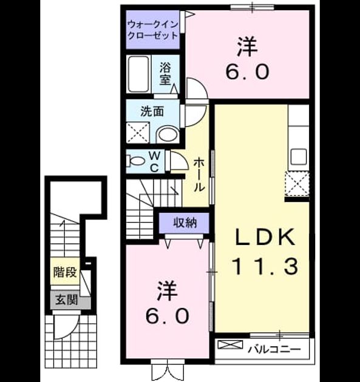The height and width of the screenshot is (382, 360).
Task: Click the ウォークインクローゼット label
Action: coord(153,30)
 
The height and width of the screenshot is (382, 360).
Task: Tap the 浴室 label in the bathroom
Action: coord(165,74)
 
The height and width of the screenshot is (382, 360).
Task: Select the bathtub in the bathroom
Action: coord(138,74)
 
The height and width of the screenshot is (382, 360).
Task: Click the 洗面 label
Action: coord(152,112)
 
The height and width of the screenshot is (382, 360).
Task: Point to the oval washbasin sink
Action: coord(168,135)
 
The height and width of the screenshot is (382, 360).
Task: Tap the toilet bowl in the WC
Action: coord(135,161)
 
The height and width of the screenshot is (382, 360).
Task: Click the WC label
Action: coord(154,161)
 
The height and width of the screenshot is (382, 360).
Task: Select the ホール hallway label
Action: coord(199,175)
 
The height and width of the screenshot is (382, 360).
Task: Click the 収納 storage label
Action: coord(185,223)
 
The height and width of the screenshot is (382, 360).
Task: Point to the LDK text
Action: coord(265,237)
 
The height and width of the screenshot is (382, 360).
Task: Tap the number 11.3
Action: coord(265,266)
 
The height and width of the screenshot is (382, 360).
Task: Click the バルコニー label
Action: coord(274,350)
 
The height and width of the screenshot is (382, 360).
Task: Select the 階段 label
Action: coord(65,272)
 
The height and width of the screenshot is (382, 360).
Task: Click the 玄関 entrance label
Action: coord(66,300)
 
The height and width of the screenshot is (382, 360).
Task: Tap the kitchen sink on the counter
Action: coord(299,156)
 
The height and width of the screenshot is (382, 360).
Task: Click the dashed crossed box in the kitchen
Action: coord(297,184)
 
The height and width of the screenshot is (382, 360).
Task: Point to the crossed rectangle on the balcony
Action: coord(230,344)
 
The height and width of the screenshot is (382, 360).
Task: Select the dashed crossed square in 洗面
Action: coord(138,133)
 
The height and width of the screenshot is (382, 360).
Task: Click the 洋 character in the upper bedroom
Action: coord(248,46)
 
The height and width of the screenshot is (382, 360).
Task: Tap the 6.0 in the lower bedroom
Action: coord(167,316)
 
